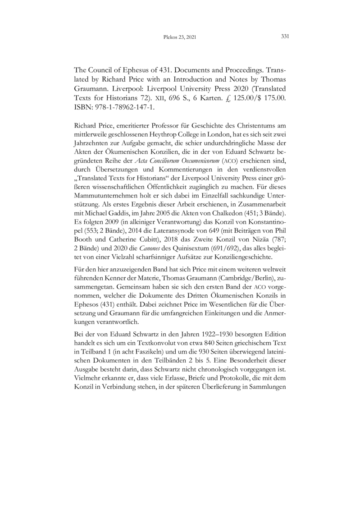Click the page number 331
tap(284, 36)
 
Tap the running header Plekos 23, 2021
tap(180, 37)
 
